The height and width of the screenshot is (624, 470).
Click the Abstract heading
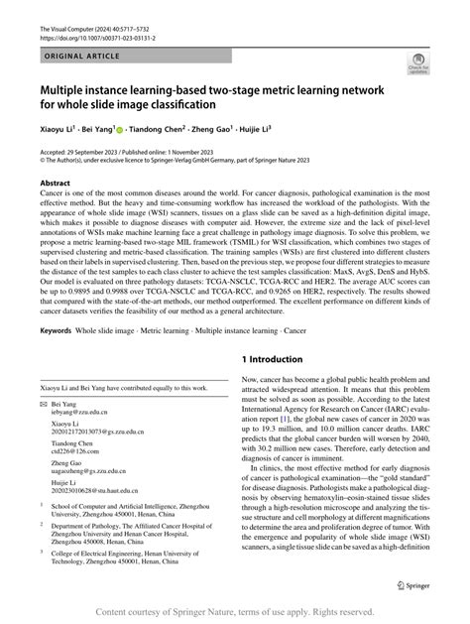pos(54,184)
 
